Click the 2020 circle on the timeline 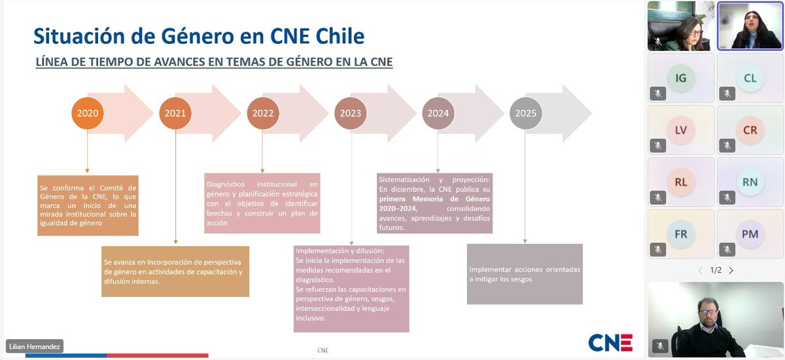[88, 113]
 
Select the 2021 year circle [175, 113]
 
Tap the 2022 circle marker [262, 113]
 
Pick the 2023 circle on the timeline [350, 113]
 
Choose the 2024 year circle [438, 113]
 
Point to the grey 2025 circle [525, 113]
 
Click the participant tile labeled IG [681, 78]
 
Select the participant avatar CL [750, 78]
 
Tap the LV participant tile [681, 130]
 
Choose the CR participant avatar [750, 130]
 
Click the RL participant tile [681, 182]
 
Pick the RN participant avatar [750, 182]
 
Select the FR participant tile [681, 234]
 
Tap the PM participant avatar [750, 234]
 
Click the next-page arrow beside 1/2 [731, 270]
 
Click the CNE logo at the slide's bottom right [610, 342]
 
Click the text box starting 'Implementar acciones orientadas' [525, 274]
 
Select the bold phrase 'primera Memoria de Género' [434, 198]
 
